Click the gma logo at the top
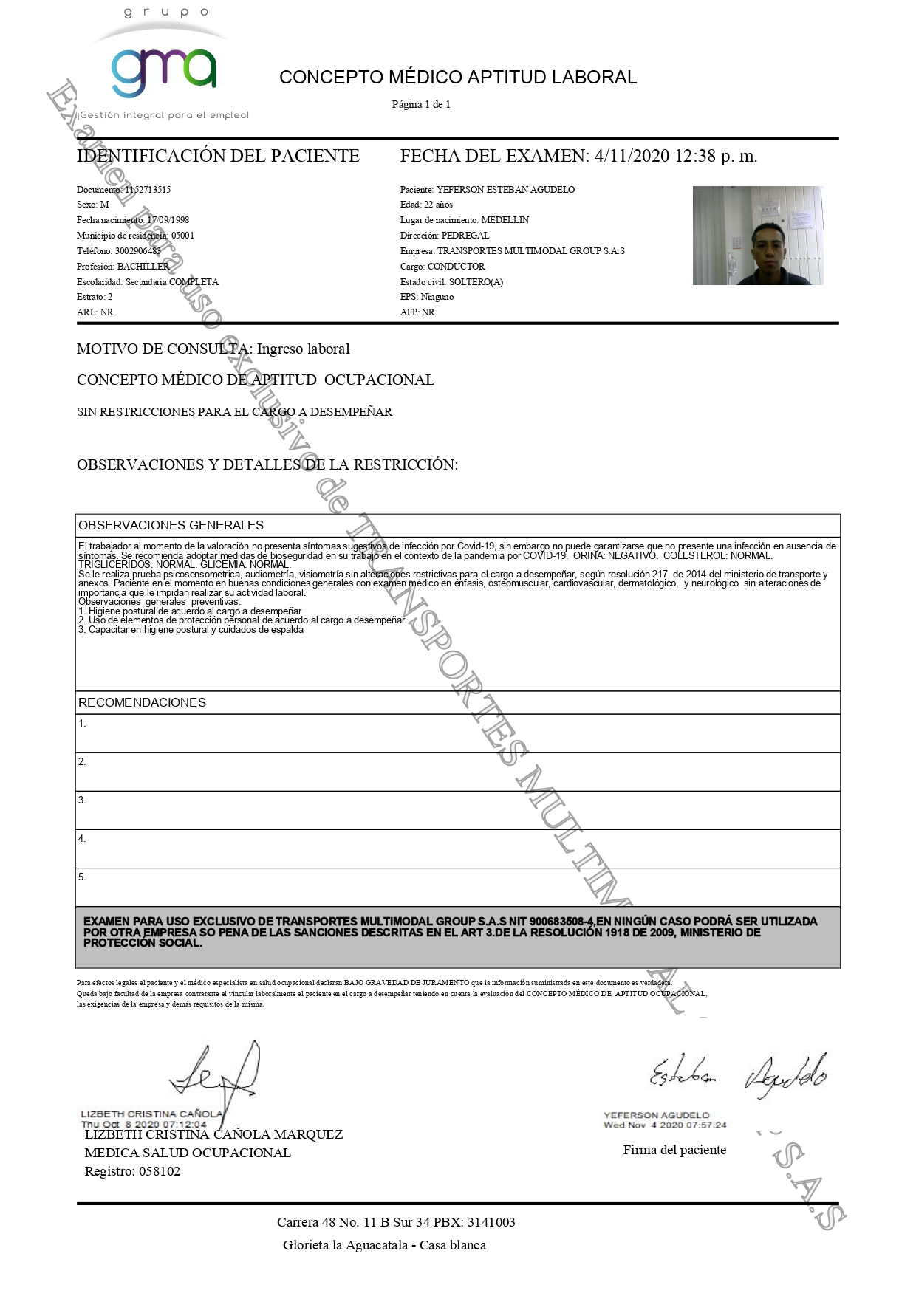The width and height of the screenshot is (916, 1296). (x=164, y=72)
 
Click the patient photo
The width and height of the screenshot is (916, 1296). (x=757, y=236)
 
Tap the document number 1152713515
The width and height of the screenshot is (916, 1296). (x=148, y=190)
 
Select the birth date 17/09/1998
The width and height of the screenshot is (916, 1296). (x=168, y=220)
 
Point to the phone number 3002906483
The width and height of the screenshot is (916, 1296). (x=138, y=251)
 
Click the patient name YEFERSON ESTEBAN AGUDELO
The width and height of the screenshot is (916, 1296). (x=505, y=190)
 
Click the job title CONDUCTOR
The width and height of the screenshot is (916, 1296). (x=456, y=267)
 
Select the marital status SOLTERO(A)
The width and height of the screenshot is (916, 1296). (x=476, y=282)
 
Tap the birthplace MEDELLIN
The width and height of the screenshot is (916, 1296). (x=505, y=220)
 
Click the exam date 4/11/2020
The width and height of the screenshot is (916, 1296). (x=632, y=156)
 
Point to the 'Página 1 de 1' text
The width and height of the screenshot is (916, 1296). (x=421, y=104)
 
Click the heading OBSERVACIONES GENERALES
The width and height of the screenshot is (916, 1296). (x=171, y=525)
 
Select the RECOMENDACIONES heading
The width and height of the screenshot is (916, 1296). (x=142, y=702)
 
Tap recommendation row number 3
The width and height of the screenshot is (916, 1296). (x=457, y=810)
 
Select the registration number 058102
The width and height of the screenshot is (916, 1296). (x=160, y=1171)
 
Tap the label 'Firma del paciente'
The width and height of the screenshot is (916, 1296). (x=674, y=1150)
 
